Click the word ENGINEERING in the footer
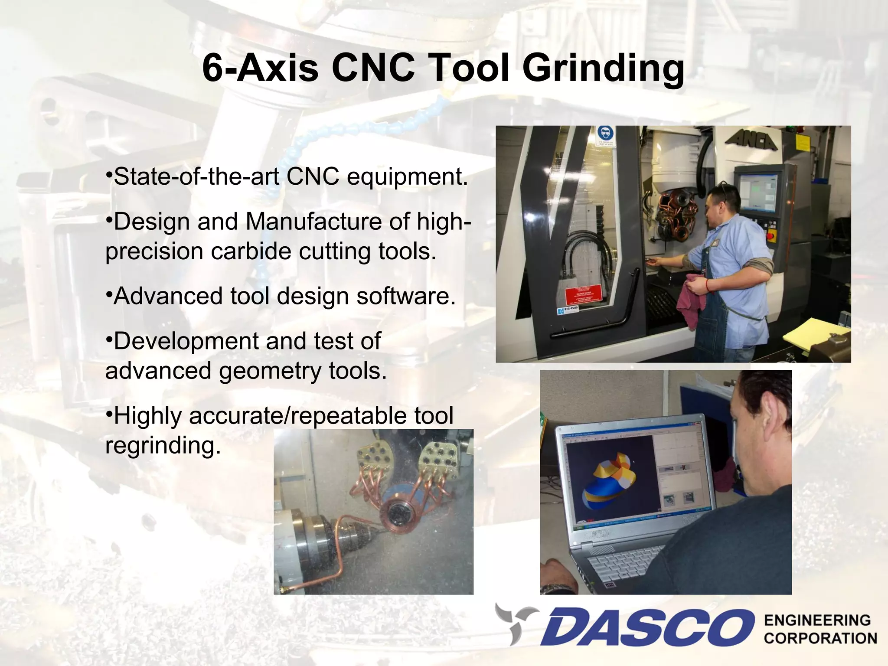[x=817, y=620]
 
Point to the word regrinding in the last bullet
[x=163, y=446]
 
